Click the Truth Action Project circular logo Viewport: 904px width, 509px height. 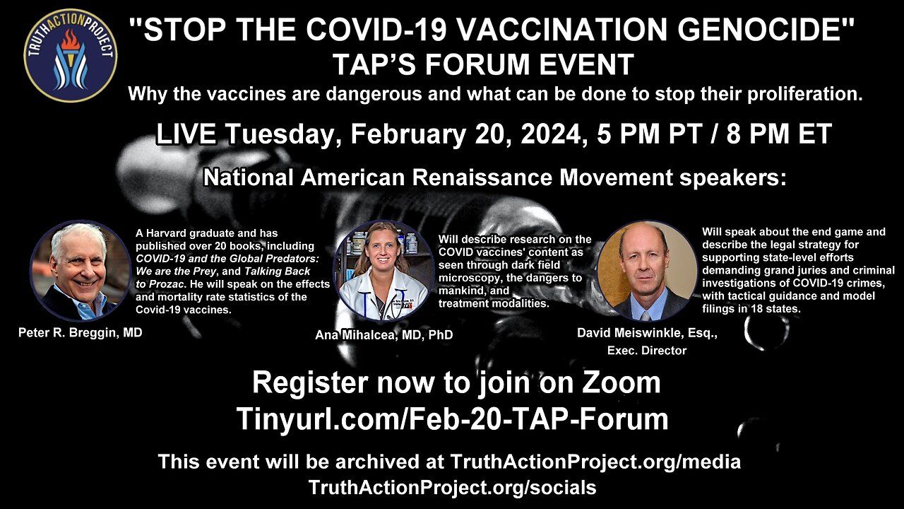pyautogui.click(x=71, y=56)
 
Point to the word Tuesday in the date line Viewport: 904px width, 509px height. pyautogui.click(x=279, y=134)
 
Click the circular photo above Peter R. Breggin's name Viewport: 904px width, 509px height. pyautogui.click(x=81, y=271)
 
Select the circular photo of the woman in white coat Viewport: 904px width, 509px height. pyautogui.click(x=383, y=271)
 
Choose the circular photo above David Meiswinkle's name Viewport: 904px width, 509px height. pyautogui.click(x=647, y=271)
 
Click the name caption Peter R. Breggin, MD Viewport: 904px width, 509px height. pyautogui.click(x=81, y=333)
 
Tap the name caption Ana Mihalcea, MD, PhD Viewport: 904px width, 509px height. pyautogui.click(x=383, y=335)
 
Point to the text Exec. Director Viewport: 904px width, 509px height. pyautogui.click(x=647, y=350)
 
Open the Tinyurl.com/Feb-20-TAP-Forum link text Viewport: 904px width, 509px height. pyautogui.click(x=452, y=419)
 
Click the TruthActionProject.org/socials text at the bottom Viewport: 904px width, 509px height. pyautogui.click(x=453, y=487)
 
